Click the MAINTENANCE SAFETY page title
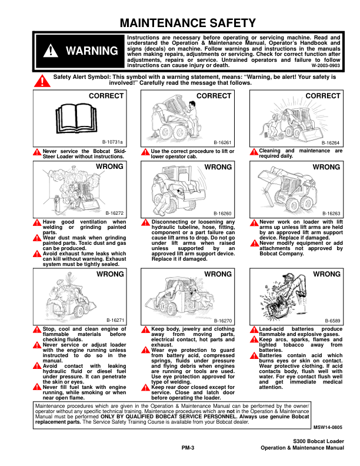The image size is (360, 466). [188, 24]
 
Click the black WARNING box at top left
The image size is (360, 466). [79, 51]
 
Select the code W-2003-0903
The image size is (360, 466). [325, 66]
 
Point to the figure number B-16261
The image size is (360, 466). [223, 142]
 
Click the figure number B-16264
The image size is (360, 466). [331, 142]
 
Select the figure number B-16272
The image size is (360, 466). [115, 213]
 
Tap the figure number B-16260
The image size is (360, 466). [223, 213]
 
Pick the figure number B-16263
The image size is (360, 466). [331, 213]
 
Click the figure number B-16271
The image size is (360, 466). [115, 319]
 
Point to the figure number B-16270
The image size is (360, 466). [223, 319]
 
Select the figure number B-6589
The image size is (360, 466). [333, 319]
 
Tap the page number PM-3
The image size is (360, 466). [188, 448]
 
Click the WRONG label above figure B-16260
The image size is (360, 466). [218, 167]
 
